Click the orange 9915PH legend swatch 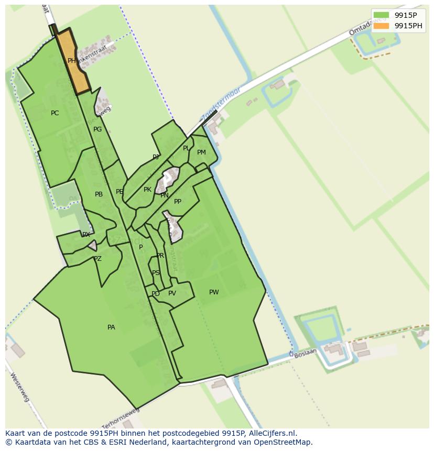point(381,26)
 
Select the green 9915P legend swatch point(381,15)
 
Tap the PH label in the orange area point(72,61)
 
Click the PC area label point(55,113)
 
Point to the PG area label point(97,129)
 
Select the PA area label point(111,327)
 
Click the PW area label point(214,292)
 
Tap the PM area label point(201,152)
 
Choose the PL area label point(186,148)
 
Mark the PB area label point(99,194)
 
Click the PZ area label point(97,259)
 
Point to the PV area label point(172,293)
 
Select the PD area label point(156,294)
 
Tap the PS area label point(156,273)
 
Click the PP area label point(178,202)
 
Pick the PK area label point(147,190)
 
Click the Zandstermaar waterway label point(220,104)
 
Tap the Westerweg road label point(19,388)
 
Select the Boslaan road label point(305,354)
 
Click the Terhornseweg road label point(121,416)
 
